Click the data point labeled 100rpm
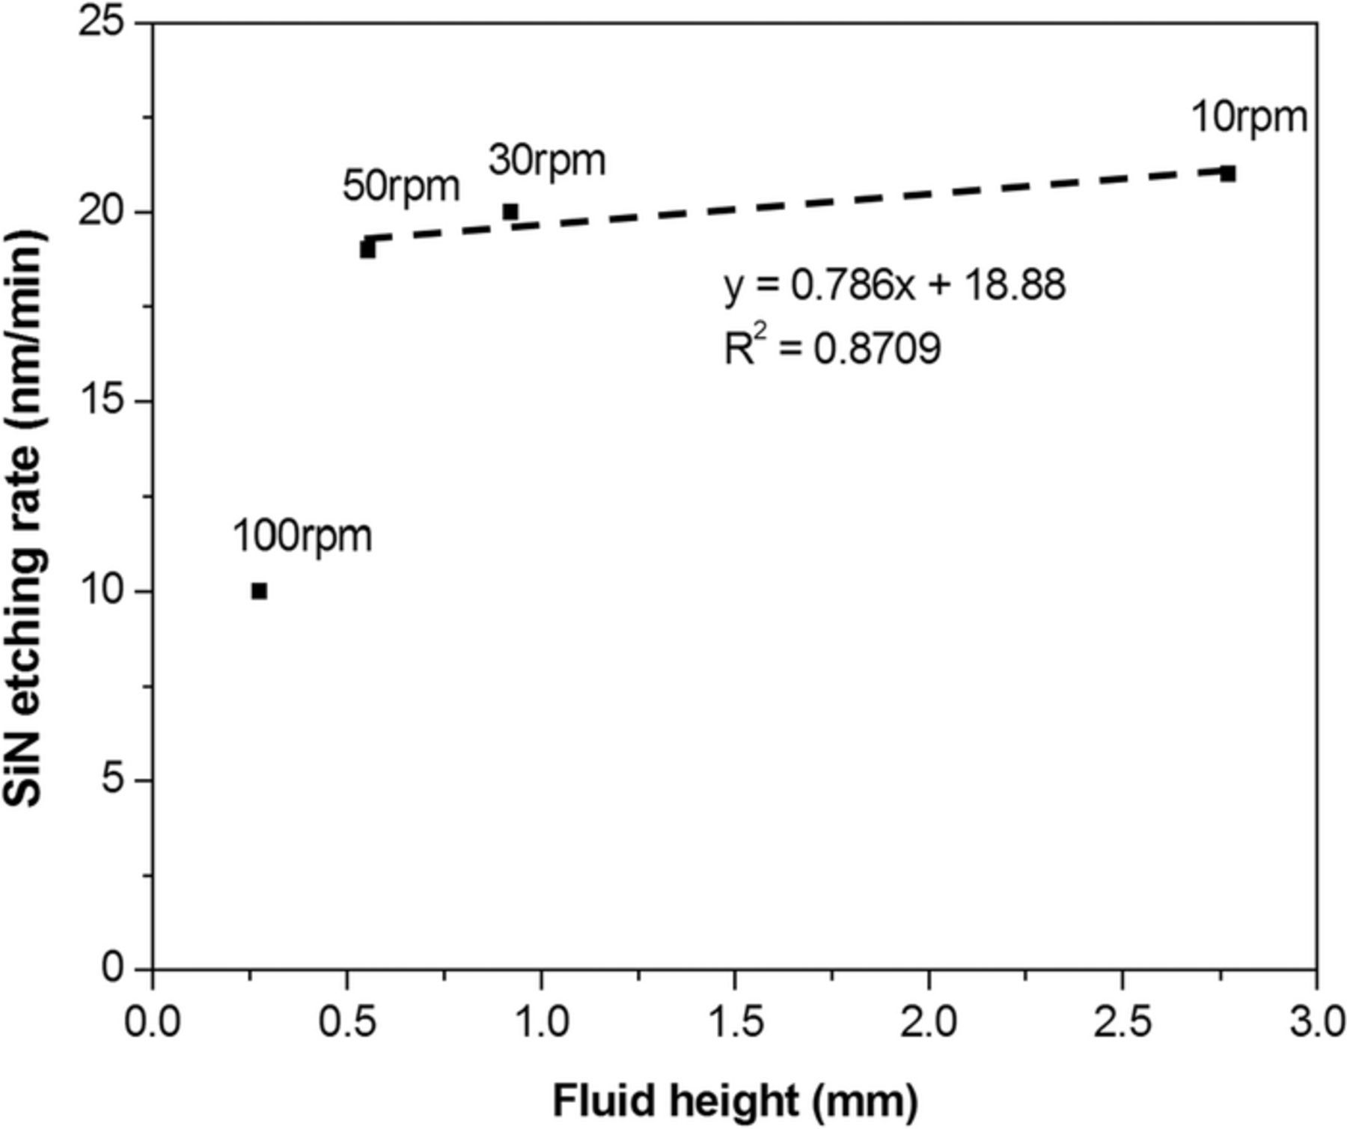[x=259, y=591]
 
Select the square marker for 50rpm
[x=367, y=249]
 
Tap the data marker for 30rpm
[x=510, y=212]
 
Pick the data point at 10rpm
[x=1227, y=174]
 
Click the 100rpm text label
[x=302, y=536]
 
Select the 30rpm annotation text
[x=547, y=160]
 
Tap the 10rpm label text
[x=1249, y=117]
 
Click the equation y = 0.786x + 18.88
[x=894, y=285]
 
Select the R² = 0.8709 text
[x=832, y=348]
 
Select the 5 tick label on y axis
[x=112, y=780]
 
